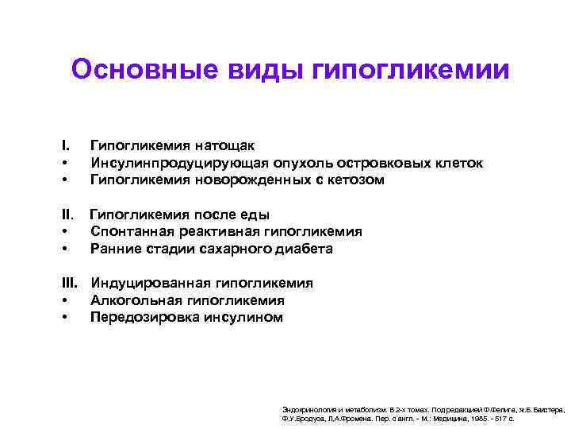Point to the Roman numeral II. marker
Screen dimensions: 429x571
pyautogui.click(x=68, y=214)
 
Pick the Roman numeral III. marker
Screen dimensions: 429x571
pyautogui.click(x=71, y=283)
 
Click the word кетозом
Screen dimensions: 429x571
pyautogui.click(x=355, y=180)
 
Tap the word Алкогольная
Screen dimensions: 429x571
pyautogui.click(x=133, y=300)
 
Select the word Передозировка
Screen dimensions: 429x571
pyautogui.click(x=137, y=318)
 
